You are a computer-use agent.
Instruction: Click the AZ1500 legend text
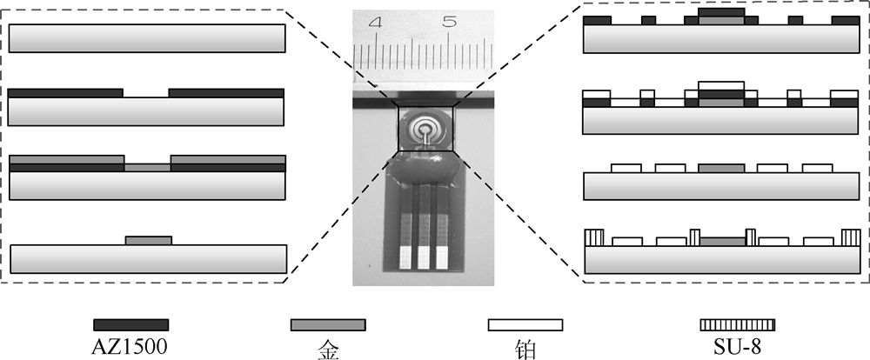click(x=130, y=349)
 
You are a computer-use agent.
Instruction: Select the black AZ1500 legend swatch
click(x=130, y=324)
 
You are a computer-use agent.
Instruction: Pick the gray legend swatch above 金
click(x=327, y=324)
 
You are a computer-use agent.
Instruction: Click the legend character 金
click(x=327, y=350)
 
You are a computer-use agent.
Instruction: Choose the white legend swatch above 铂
click(x=525, y=324)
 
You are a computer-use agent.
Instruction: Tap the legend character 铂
click(x=525, y=350)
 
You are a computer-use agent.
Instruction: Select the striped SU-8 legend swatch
click(x=737, y=324)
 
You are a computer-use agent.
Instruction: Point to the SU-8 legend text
click(x=737, y=349)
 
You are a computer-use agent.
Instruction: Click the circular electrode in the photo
click(x=426, y=131)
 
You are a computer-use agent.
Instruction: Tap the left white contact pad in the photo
click(x=405, y=257)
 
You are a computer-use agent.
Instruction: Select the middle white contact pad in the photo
click(x=425, y=257)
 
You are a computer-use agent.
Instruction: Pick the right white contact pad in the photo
click(x=445, y=257)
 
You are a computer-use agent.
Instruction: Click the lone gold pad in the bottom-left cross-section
click(x=148, y=240)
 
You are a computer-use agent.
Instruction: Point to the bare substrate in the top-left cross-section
click(x=147, y=37)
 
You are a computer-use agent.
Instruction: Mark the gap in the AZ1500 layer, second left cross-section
click(x=146, y=91)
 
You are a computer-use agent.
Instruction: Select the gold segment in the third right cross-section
click(x=721, y=167)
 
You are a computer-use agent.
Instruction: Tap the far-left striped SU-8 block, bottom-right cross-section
click(x=593, y=237)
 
